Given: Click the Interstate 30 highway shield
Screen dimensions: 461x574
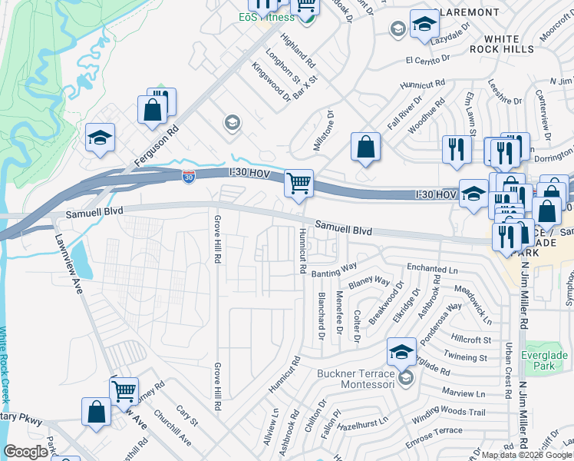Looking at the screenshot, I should [x=188, y=177].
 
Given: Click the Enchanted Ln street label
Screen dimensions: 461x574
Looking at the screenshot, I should [x=432, y=268].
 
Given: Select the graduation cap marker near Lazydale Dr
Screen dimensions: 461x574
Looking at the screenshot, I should [x=423, y=25].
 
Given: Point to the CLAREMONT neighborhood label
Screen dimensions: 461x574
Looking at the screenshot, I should [x=466, y=13].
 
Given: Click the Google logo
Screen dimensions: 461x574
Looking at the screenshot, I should [x=25, y=452].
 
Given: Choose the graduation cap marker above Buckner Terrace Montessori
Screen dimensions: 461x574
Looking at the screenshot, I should [x=401, y=353].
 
